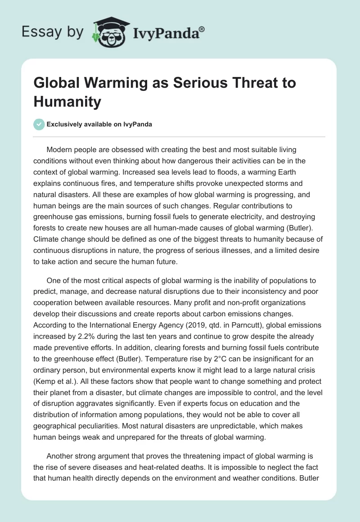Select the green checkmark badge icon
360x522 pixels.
click(39, 125)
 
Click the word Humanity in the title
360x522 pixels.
click(67, 102)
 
